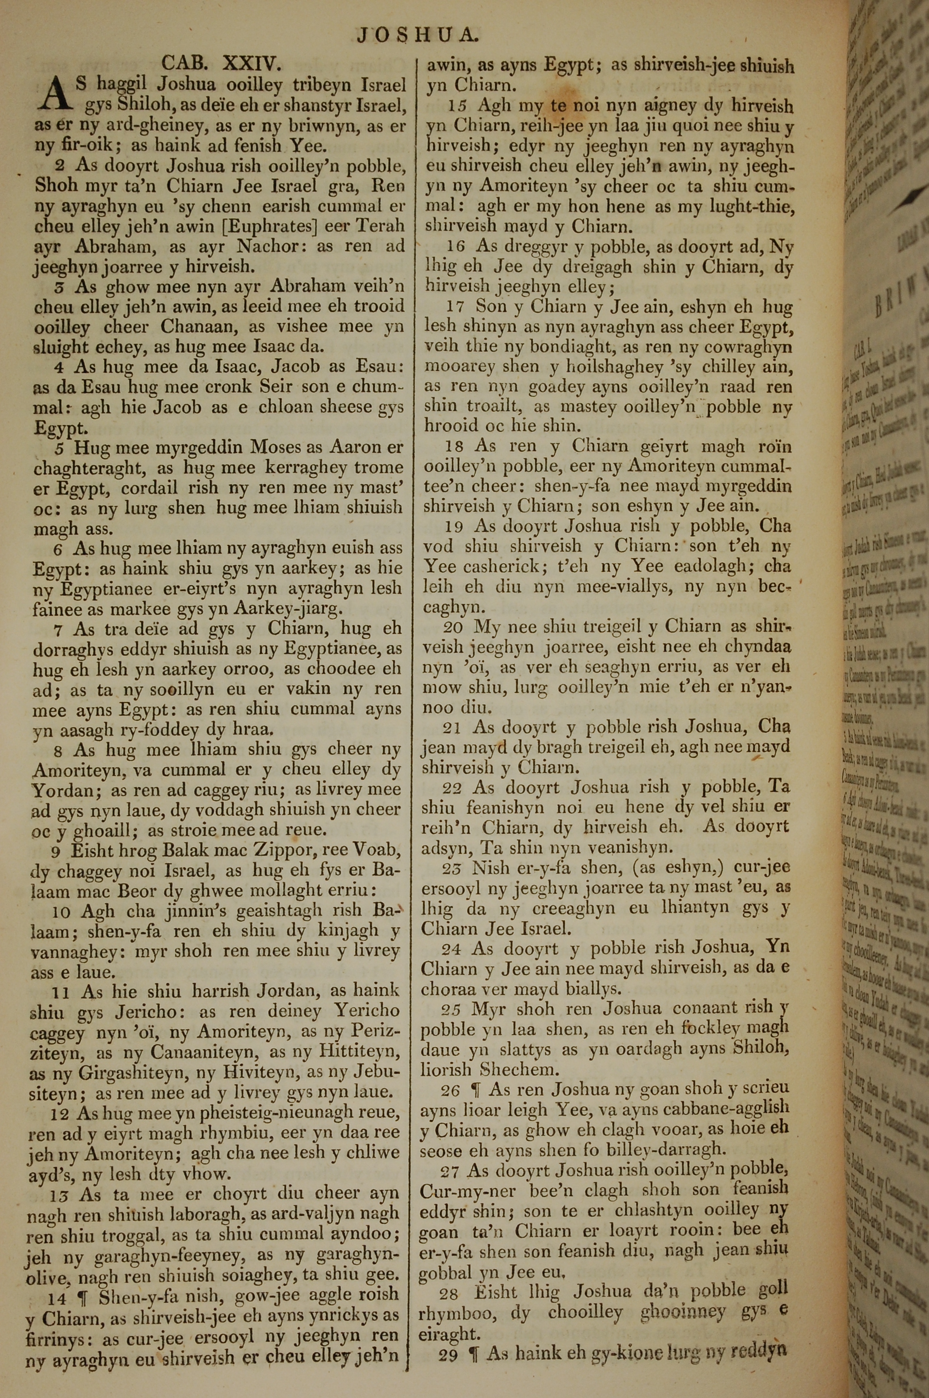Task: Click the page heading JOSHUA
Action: point(417,36)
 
